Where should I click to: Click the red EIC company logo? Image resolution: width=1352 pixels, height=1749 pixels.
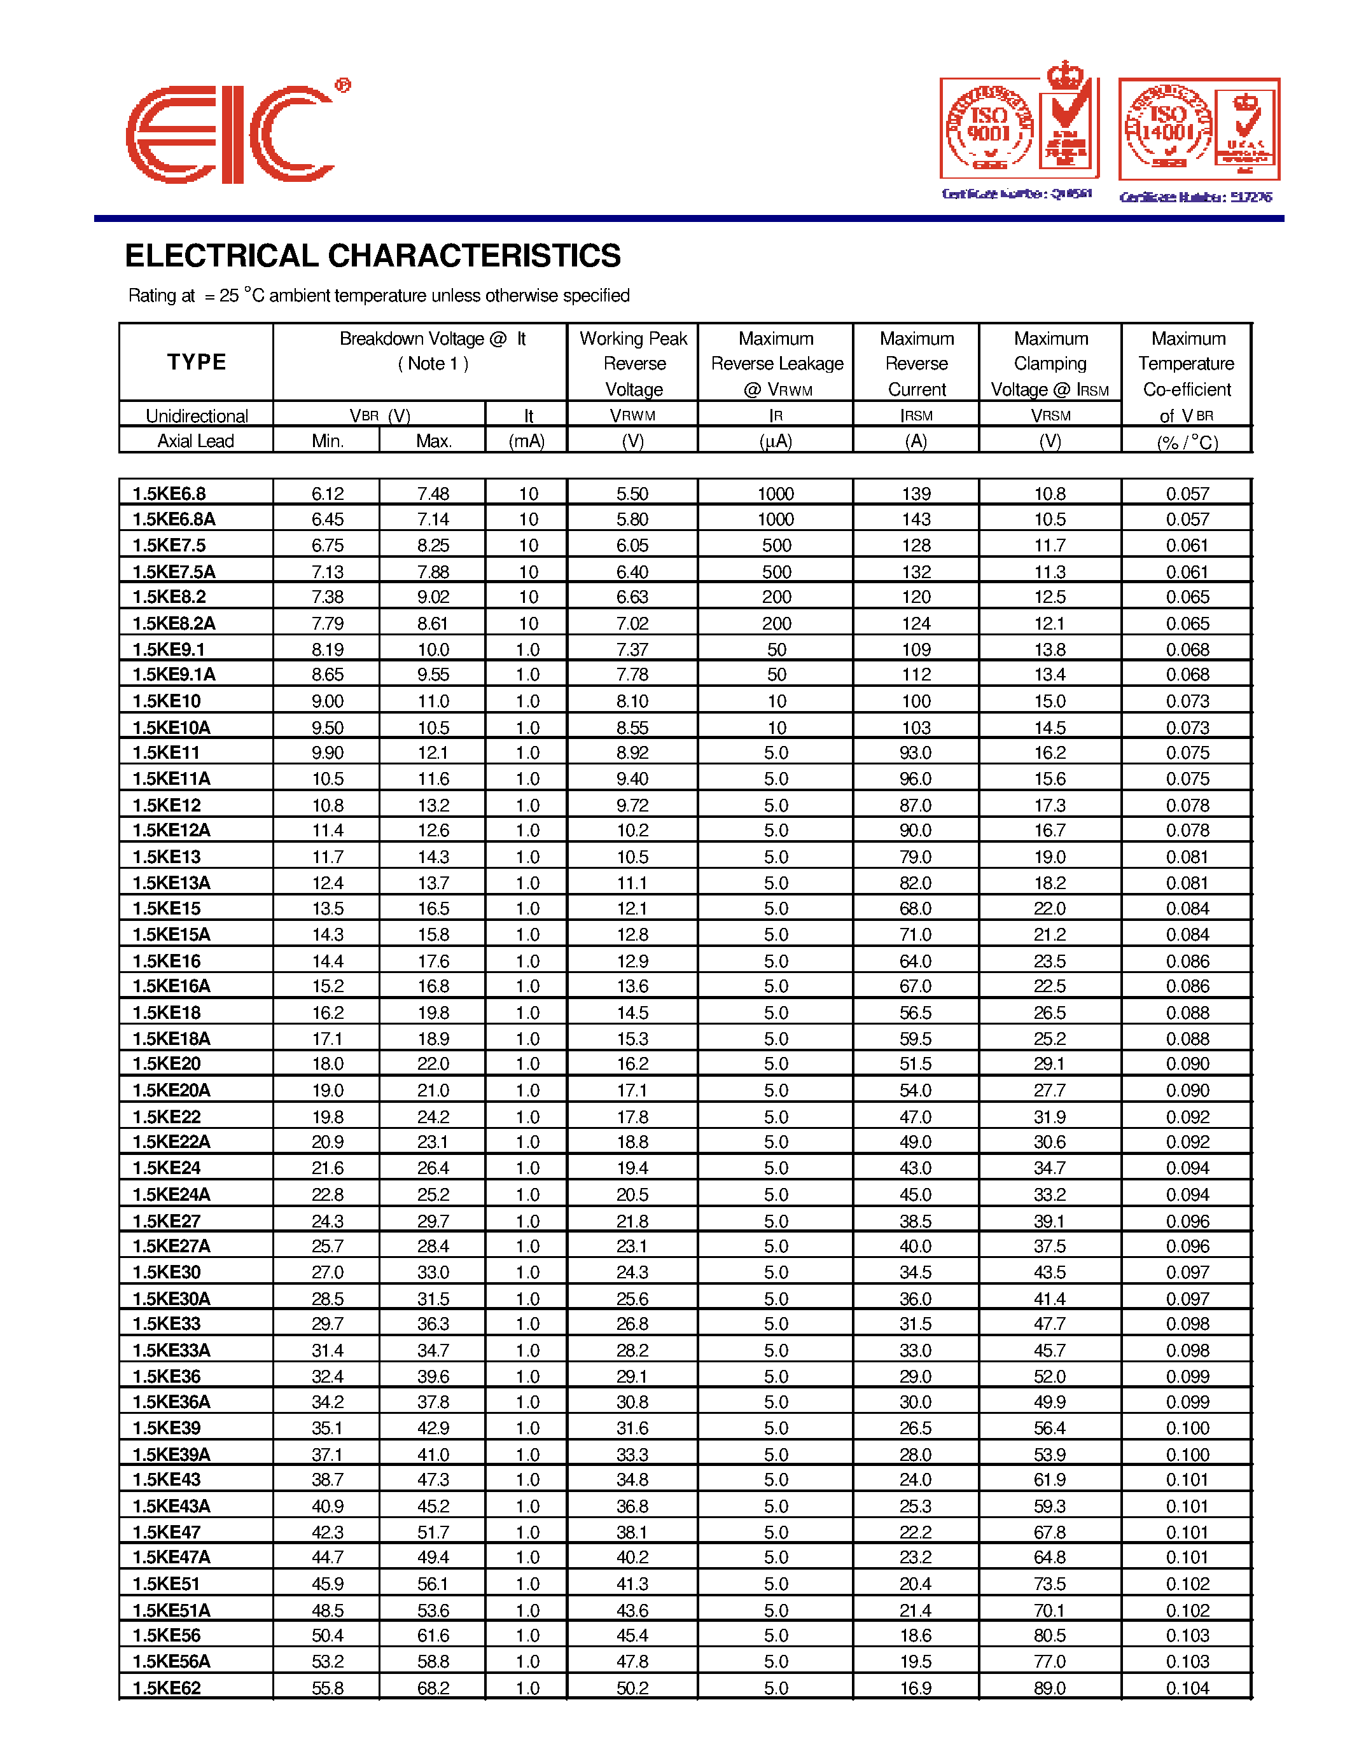(x=232, y=134)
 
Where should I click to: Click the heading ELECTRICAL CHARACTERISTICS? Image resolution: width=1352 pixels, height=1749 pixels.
(x=372, y=256)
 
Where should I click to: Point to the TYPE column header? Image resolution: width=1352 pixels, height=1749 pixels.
(x=196, y=362)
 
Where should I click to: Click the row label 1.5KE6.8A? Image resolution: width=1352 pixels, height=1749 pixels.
(x=174, y=520)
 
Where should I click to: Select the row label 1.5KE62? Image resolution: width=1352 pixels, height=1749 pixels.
(x=167, y=1688)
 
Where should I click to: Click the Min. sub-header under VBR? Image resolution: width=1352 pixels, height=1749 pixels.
(x=327, y=441)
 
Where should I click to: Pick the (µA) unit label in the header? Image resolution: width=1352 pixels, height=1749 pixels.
(x=776, y=441)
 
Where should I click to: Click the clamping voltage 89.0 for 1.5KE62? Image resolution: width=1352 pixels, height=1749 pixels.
(x=1049, y=1688)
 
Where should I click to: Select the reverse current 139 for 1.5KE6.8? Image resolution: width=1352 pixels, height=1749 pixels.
(x=916, y=494)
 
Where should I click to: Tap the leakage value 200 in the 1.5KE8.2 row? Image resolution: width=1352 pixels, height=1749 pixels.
(x=776, y=597)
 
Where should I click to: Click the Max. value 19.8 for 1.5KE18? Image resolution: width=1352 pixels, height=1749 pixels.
(x=433, y=1013)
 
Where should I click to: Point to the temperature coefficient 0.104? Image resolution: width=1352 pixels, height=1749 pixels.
(x=1187, y=1688)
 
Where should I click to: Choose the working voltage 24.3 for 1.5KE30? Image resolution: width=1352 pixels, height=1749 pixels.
(x=632, y=1273)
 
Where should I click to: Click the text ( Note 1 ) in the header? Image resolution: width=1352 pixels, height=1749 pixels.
(x=433, y=364)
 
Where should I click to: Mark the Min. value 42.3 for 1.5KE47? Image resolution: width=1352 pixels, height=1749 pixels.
(x=327, y=1532)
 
